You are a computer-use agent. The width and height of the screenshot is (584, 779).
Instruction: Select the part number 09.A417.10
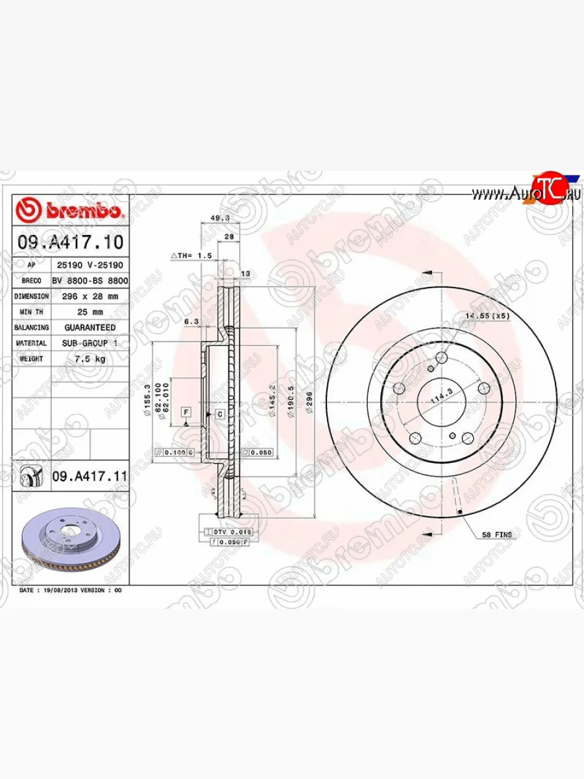tap(70, 243)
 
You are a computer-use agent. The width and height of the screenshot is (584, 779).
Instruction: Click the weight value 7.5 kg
tap(90, 358)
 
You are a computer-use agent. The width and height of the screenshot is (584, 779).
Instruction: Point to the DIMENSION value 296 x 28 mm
tap(90, 296)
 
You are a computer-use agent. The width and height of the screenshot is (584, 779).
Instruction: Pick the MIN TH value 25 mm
tap(90, 312)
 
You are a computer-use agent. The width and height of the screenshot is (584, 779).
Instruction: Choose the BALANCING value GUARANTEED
tap(90, 327)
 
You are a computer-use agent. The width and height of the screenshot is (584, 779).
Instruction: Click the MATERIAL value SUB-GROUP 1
tap(90, 343)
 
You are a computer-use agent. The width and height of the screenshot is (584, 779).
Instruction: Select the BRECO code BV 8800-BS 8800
tap(90, 280)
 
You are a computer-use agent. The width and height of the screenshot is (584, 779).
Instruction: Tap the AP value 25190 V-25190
tap(90, 266)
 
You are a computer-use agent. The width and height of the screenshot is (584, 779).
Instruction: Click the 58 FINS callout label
tap(496, 535)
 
